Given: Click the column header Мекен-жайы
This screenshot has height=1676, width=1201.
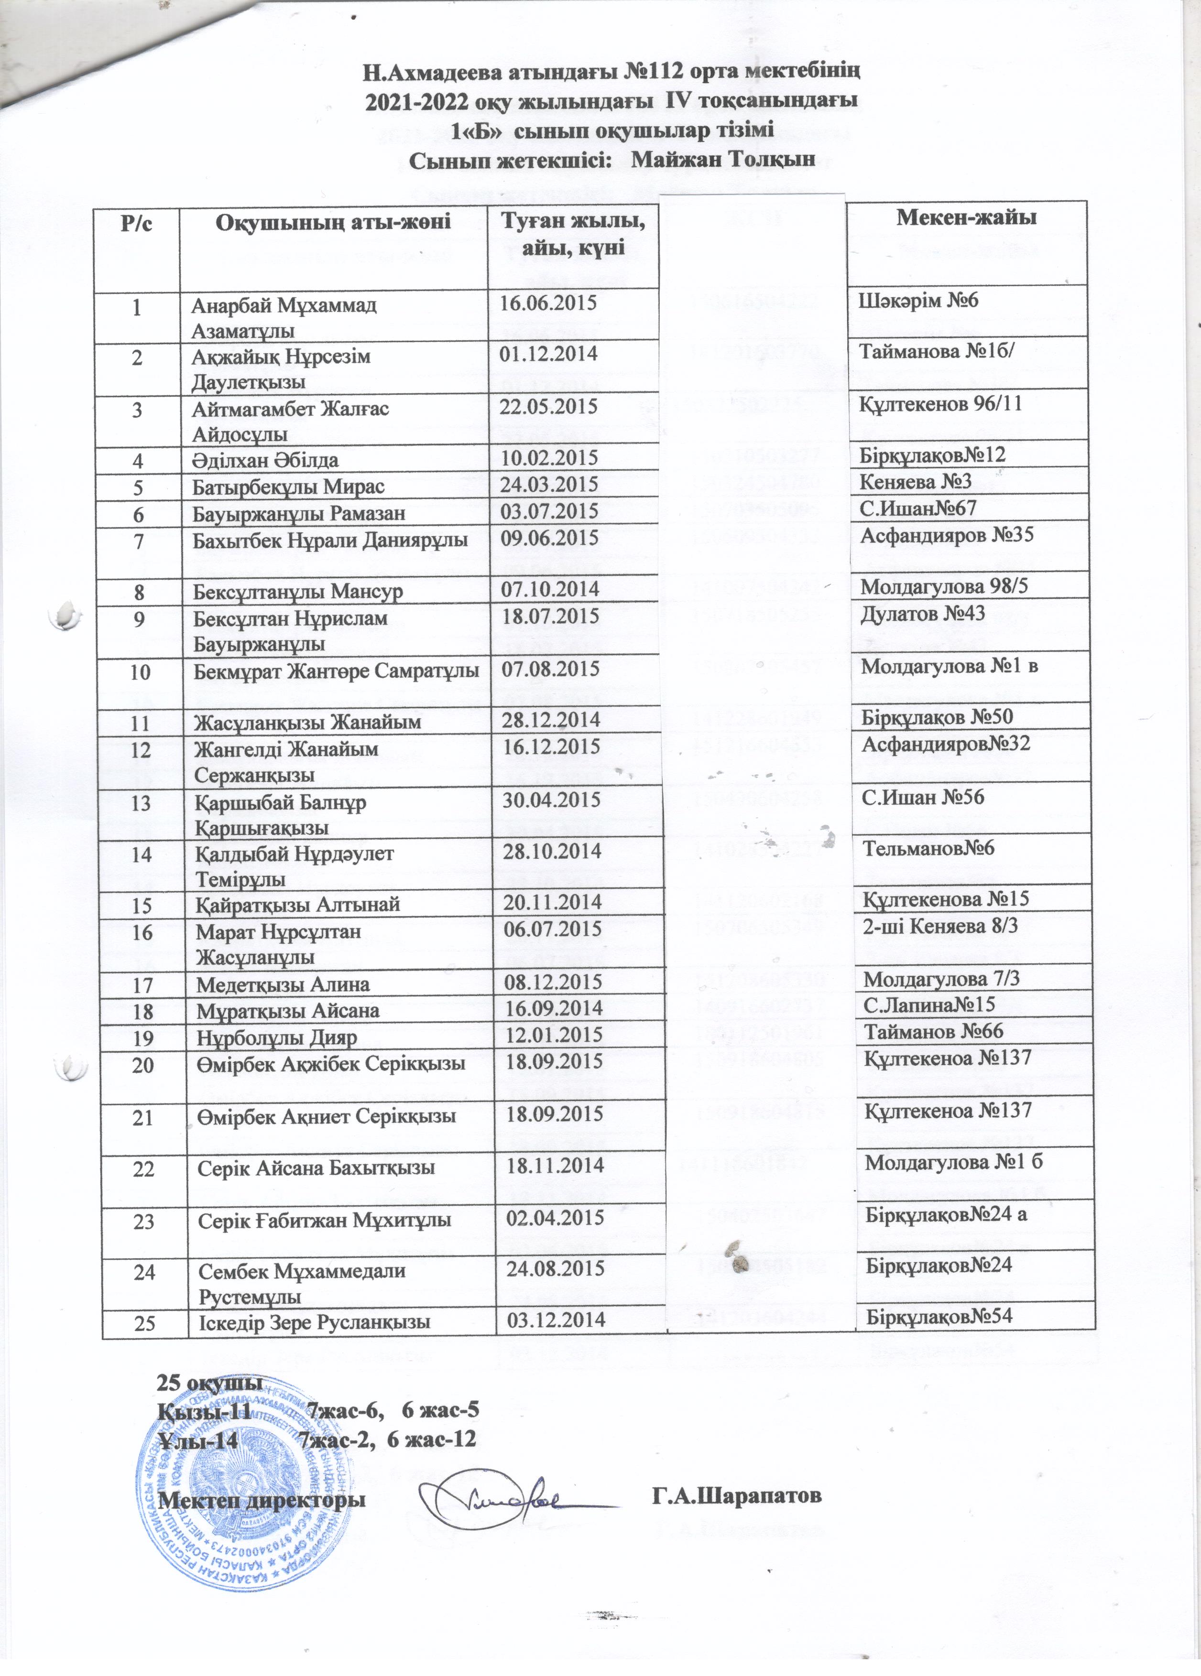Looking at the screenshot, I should point(965,218).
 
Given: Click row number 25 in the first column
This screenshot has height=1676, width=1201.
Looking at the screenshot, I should point(145,1322).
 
